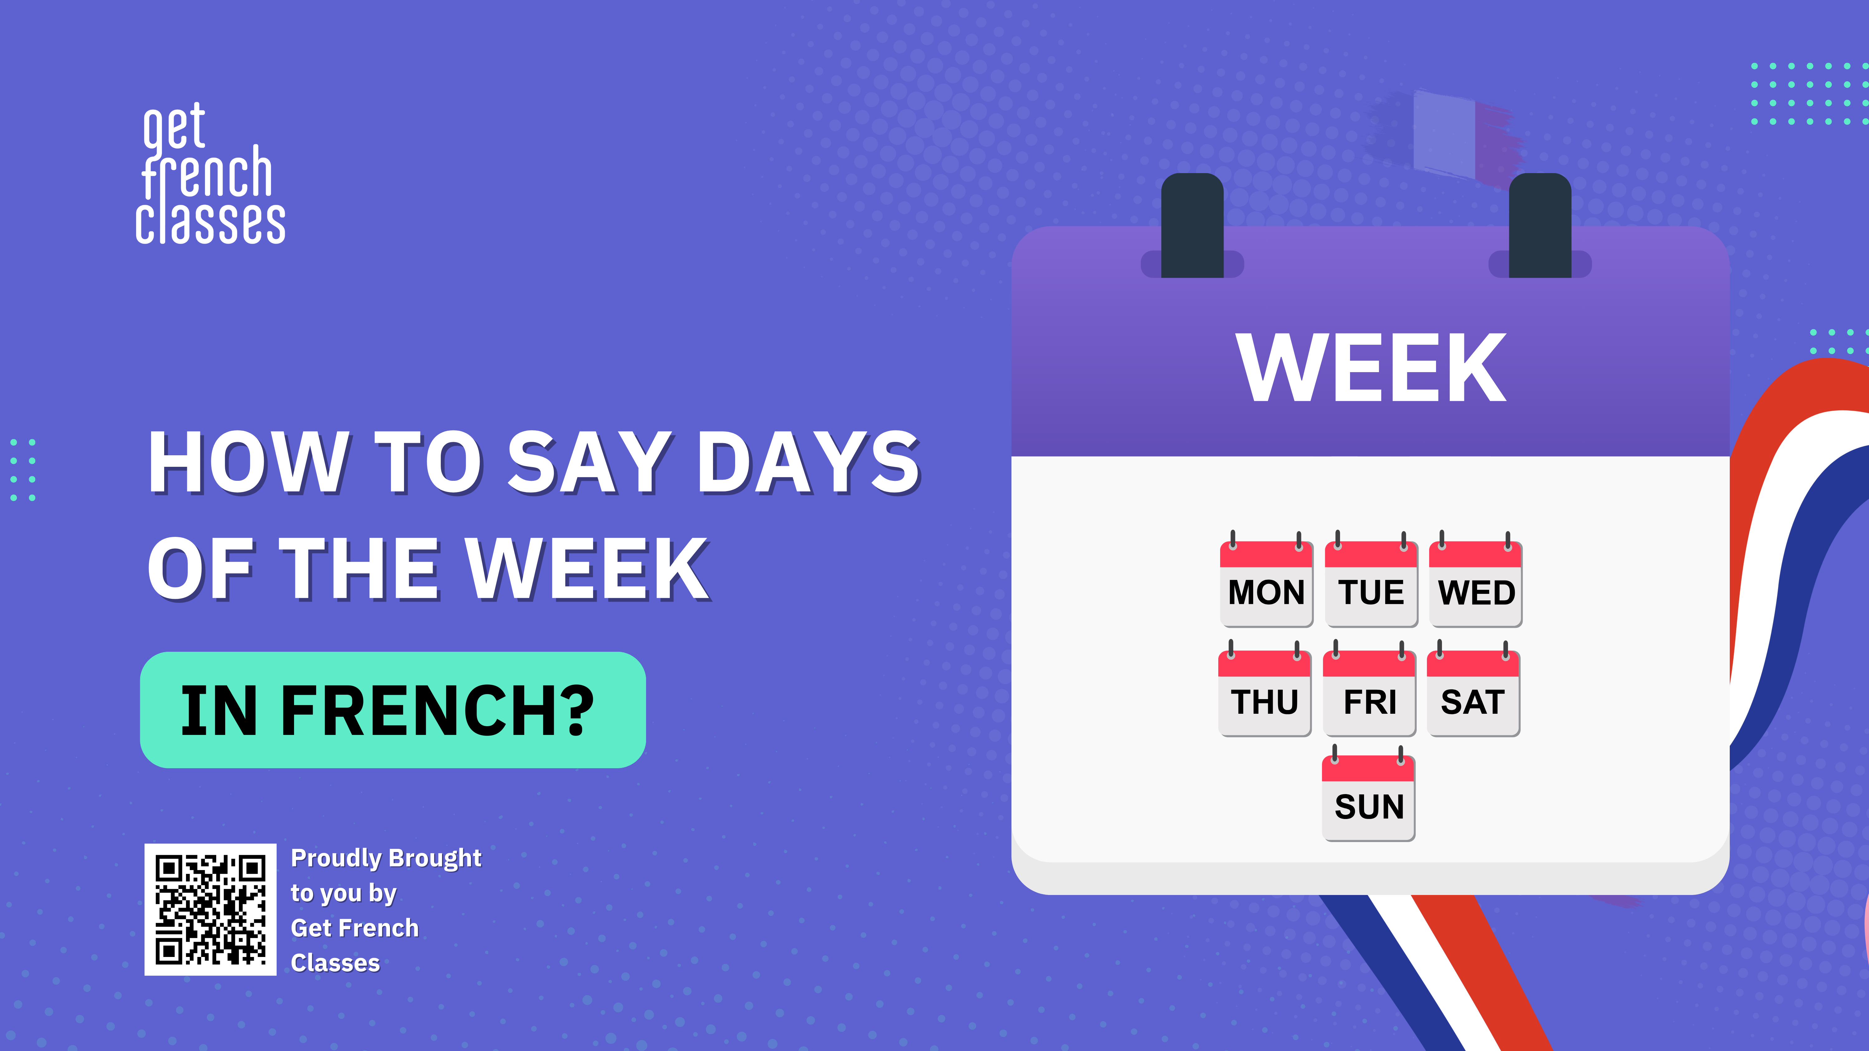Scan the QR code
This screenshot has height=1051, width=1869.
click(210, 910)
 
